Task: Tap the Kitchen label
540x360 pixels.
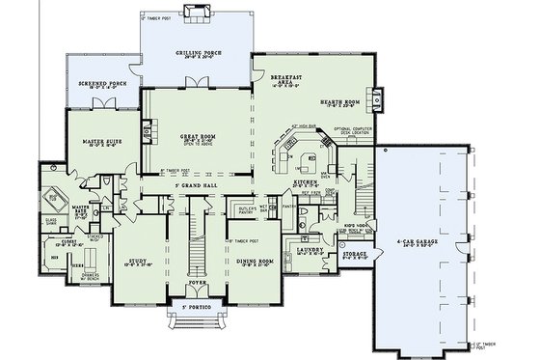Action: (306, 180)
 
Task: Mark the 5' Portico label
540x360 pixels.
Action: (196, 308)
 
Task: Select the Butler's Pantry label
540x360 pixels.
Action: (245, 209)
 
